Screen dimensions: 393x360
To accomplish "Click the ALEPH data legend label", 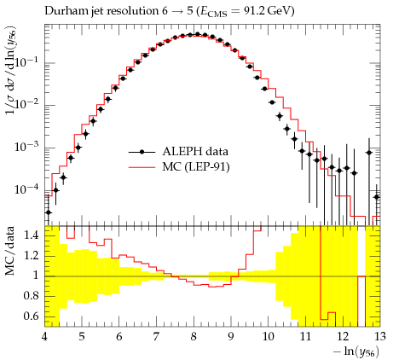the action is click(x=195, y=151).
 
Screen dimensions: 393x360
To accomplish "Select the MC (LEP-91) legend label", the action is click(x=196, y=167).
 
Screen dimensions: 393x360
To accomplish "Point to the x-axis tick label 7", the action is click(x=156, y=337).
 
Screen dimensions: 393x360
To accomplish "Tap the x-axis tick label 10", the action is click(x=268, y=337).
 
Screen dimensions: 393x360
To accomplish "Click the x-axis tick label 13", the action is click(x=379, y=337).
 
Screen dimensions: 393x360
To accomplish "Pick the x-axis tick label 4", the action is click(x=44, y=337).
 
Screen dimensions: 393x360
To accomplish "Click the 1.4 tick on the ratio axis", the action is click(x=31, y=235).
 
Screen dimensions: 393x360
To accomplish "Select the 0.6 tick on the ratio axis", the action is click(x=31, y=316).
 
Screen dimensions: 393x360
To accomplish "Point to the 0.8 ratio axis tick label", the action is click(x=31, y=296).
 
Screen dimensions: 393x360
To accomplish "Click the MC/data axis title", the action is click(x=10, y=251).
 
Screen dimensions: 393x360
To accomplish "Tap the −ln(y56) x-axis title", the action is click(x=356, y=352).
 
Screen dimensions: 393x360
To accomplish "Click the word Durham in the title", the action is click(x=64, y=11).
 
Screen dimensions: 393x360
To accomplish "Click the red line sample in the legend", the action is click(x=142, y=167).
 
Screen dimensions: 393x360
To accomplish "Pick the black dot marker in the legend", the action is click(x=142, y=153).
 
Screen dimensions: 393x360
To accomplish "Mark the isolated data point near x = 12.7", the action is click(x=369, y=153).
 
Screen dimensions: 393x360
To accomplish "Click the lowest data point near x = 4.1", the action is click(x=49, y=212).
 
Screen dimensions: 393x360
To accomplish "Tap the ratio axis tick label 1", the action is click(x=36, y=276).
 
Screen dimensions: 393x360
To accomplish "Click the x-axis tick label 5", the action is click(x=82, y=337).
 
